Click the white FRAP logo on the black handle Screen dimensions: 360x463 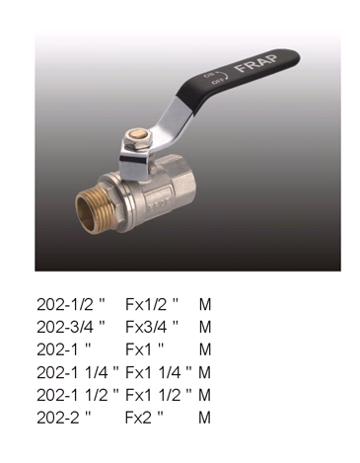tap(256, 63)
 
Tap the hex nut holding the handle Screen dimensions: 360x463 tap(137, 139)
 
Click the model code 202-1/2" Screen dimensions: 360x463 tap(70, 304)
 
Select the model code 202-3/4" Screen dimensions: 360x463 tap(71, 327)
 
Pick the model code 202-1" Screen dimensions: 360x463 tap(63, 349)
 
